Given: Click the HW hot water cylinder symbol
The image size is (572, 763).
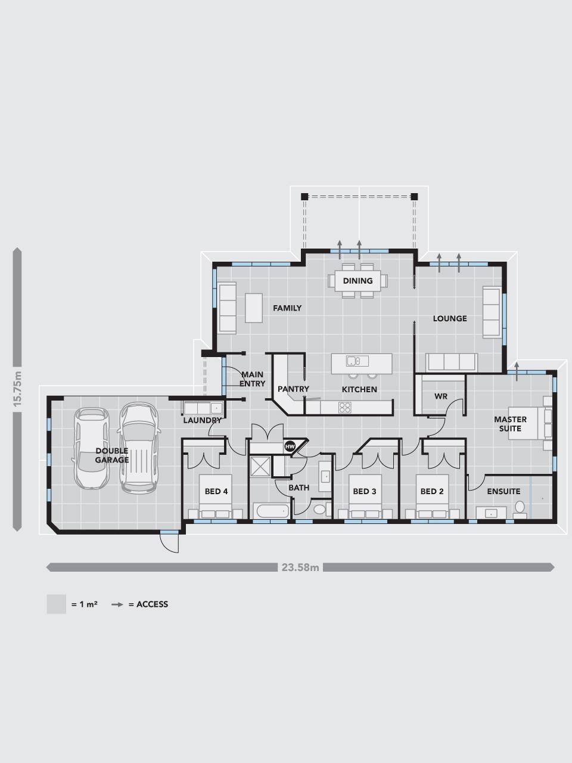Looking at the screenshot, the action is pos(289,446).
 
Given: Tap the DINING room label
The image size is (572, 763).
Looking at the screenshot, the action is pos(357,281).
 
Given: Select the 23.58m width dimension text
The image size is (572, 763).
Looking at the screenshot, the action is pos(300,567).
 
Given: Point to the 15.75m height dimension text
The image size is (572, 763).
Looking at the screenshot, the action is pos(17,389).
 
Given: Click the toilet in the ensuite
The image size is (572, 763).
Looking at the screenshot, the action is pos(520,509).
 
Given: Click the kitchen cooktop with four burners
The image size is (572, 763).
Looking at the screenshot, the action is pos(345,407).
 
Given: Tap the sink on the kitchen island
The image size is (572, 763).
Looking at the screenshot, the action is pos(357,361).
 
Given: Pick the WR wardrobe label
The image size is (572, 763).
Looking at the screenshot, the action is pos(441,396).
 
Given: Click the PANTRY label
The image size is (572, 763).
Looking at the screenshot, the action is pos(293,389).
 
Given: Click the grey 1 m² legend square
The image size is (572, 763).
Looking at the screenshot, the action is pos(56,604).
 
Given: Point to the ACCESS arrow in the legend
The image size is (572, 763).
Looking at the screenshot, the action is pos(117,604).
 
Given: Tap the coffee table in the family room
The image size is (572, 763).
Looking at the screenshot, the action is pos(254,308).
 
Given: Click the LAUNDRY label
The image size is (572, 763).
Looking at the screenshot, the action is pos(202,420).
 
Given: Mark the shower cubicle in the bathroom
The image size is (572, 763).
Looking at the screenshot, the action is pos(260,466).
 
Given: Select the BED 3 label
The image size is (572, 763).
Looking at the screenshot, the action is pos(364,491).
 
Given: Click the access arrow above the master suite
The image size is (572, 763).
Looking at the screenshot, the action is pos(517,371).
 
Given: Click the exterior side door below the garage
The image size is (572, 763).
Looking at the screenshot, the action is pos(169,543).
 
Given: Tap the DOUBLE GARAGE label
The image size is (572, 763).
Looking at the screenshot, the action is pos(112,455).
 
